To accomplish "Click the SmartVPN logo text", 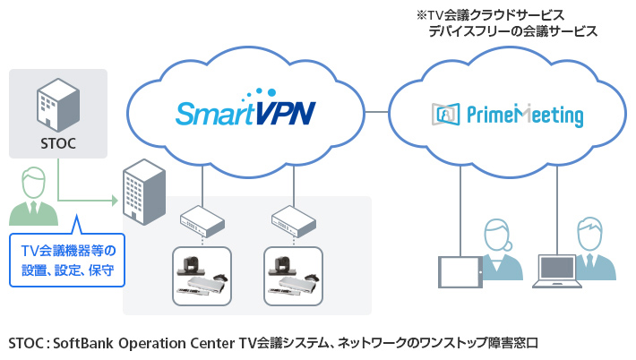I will click(x=245, y=113).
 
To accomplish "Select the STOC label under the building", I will click(x=57, y=142).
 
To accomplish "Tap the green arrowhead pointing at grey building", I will click(x=116, y=198).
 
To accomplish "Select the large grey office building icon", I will click(x=145, y=193).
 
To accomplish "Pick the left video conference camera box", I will click(x=203, y=272).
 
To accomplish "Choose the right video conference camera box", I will click(x=294, y=272).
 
